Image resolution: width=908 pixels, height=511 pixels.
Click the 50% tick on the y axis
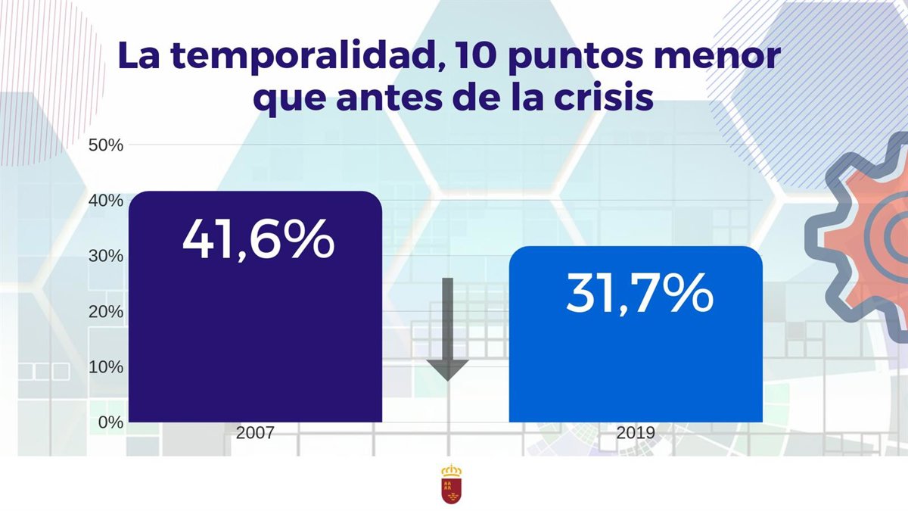106,145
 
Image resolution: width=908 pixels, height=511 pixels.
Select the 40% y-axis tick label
106,201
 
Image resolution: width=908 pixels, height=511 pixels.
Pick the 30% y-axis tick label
106,256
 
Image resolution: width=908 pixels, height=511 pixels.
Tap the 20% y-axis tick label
106,311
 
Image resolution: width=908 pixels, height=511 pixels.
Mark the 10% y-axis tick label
106,367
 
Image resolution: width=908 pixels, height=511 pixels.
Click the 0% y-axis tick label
110,422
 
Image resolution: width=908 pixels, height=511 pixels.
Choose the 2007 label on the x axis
255,434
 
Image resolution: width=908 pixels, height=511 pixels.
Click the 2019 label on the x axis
636,434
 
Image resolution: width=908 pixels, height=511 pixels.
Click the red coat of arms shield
452,485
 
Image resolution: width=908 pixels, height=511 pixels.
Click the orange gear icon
870,235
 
